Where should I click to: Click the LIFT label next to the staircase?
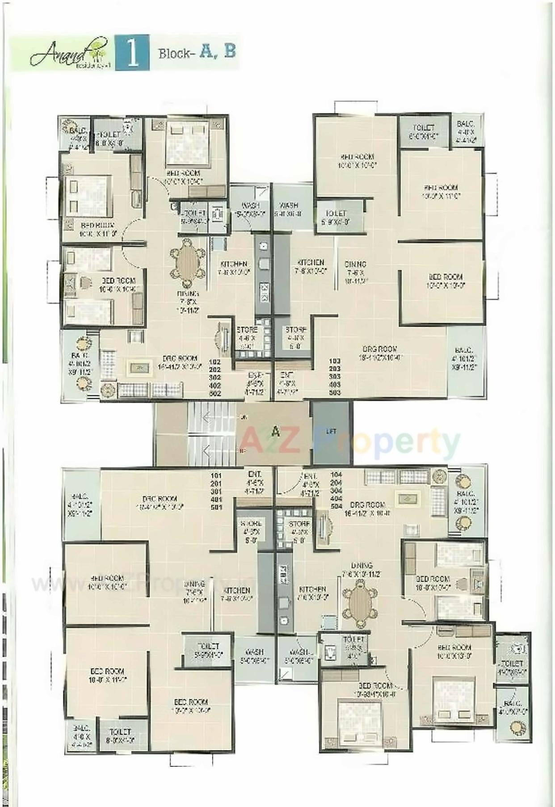(331, 432)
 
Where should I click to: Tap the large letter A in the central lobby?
(276, 432)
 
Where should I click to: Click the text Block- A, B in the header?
(197, 52)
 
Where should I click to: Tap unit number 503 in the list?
(335, 392)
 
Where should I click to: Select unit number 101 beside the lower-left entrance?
(216, 475)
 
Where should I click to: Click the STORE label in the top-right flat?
(296, 330)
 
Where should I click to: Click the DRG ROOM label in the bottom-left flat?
(160, 499)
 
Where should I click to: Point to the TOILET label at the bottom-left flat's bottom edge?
(120, 731)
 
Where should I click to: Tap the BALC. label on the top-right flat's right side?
(464, 351)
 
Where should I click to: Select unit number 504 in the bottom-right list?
(336, 506)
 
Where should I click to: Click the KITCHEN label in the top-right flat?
(311, 262)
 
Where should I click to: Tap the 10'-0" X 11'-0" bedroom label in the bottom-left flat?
(107, 671)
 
